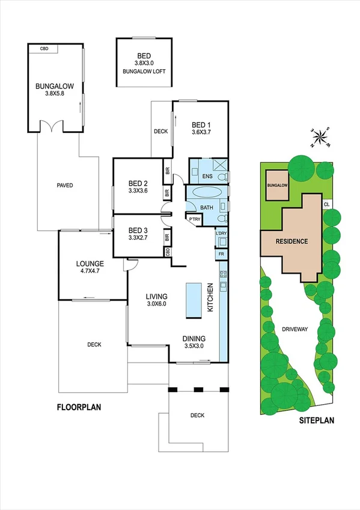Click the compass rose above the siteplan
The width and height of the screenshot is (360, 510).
[322, 138]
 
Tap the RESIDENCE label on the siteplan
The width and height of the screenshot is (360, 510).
[291, 242]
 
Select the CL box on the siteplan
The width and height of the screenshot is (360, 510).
[326, 204]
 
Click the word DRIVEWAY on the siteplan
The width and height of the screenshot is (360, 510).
[294, 329]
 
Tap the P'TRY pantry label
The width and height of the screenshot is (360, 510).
[194, 220]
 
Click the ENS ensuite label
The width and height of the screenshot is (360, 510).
[207, 176]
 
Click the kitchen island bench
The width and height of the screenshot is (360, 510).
[194, 301]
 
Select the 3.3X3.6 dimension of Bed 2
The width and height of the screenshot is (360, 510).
[138, 192]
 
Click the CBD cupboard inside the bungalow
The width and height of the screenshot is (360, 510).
[44, 48]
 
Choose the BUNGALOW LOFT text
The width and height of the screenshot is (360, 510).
[144, 71]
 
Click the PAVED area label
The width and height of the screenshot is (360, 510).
[65, 185]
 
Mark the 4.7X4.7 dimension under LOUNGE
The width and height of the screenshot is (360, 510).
[90, 272]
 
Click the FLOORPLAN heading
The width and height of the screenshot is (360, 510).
[79, 407]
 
